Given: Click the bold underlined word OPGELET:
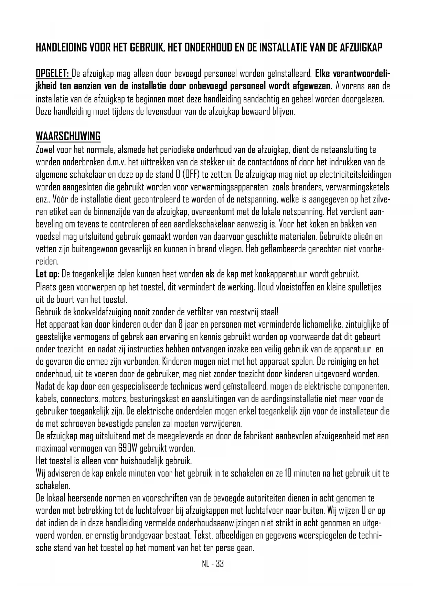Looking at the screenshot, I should point(53,74).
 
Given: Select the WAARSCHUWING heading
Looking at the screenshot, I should point(68,136).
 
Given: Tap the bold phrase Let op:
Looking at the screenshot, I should point(48,274).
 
